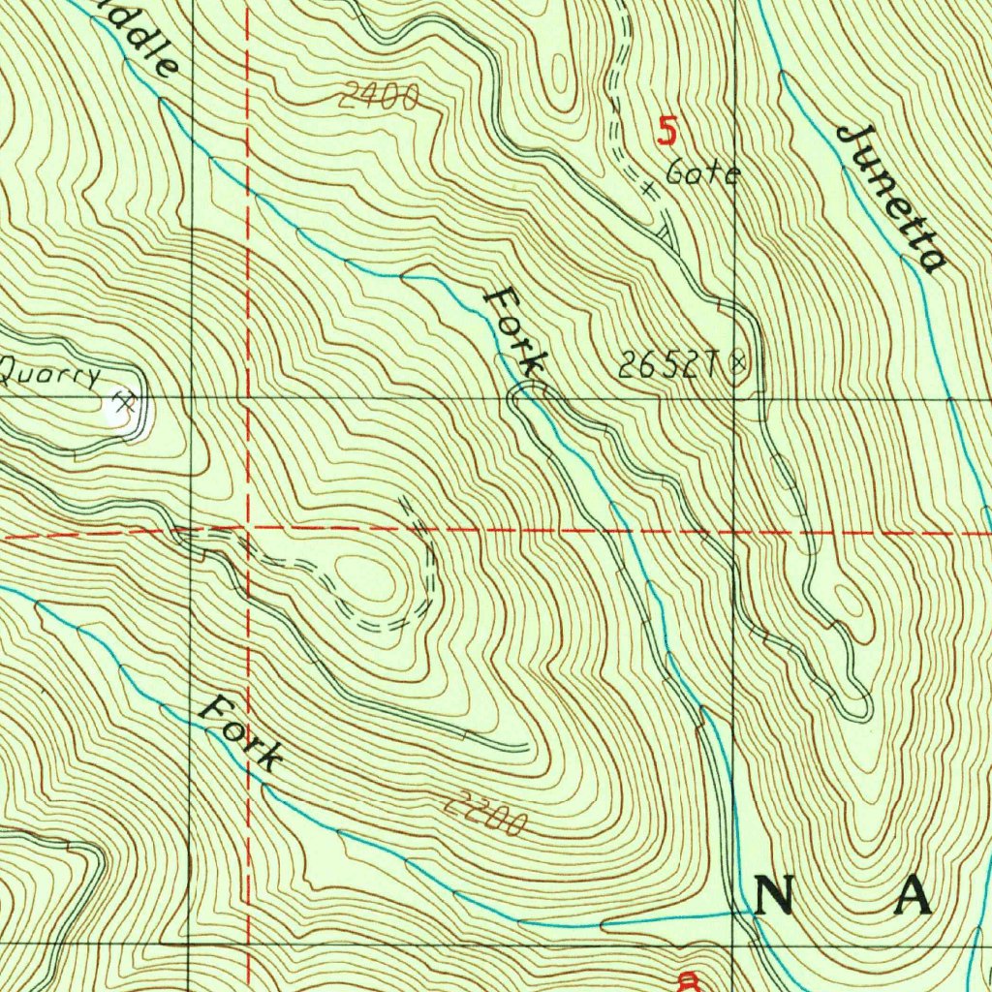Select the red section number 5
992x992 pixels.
[666, 131]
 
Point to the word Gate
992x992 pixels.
[703, 174]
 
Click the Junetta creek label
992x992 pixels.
[890, 199]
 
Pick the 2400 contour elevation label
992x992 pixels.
[379, 96]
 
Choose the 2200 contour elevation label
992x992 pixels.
[486, 814]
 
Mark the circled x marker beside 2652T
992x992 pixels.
[739, 363]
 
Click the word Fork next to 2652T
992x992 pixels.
[515, 330]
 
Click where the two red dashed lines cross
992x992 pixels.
[248, 532]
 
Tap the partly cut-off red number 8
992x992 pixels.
[689, 982]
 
